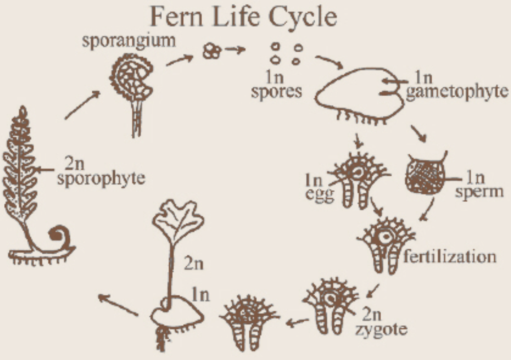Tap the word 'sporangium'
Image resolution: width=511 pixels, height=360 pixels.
(x=129, y=40)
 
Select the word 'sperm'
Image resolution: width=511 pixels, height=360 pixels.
(x=479, y=191)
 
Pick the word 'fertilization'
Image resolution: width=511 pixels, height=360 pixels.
(x=450, y=256)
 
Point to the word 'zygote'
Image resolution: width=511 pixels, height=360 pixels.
(x=381, y=329)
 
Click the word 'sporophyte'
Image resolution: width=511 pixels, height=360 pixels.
(x=101, y=178)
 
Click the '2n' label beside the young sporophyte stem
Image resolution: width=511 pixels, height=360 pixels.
(x=193, y=264)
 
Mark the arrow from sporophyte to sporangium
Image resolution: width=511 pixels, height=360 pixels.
(x=82, y=105)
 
